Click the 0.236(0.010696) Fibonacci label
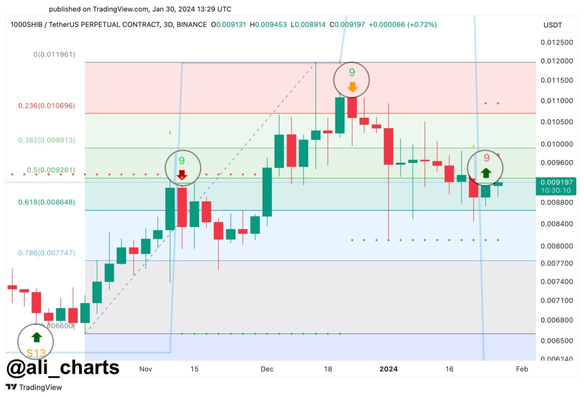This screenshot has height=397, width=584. coord(47,106)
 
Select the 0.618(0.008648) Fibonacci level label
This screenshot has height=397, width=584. coord(47,202)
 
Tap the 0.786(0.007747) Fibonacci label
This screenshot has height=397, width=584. coord(47,253)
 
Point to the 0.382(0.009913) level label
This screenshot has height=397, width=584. coord(47,140)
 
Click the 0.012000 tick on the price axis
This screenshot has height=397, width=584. coord(557,61)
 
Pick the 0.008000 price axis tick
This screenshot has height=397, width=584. coord(557,245)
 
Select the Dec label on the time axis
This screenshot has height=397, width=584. coord(267,369)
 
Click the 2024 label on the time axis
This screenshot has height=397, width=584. coord(388,369)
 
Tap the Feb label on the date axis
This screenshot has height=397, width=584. coord(522,369)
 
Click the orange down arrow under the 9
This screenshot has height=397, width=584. coord(352,87)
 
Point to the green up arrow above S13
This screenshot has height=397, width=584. coord(36,338)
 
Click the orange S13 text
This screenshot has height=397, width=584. coord(36,354)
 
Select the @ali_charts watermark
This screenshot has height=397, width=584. coord(63,368)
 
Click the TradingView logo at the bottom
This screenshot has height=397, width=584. coord(33,387)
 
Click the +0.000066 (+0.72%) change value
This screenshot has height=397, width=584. coord(402,24)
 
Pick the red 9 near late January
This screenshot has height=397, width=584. coord(486,158)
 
